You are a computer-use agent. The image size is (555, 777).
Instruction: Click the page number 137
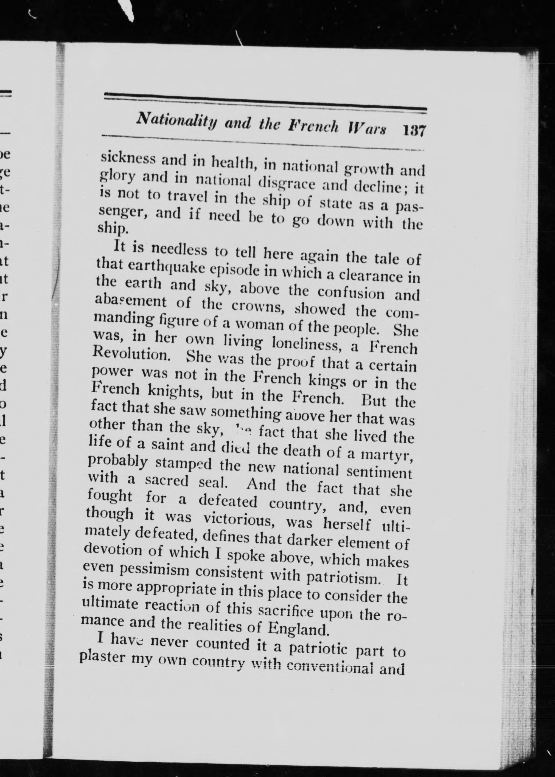(414, 131)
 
